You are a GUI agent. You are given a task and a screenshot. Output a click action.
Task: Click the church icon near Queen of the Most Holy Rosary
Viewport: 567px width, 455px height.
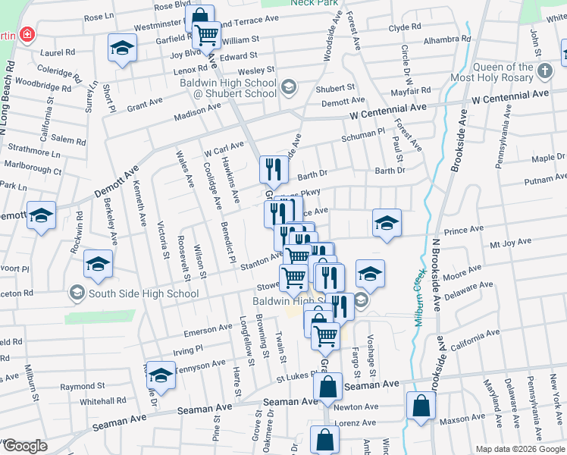pyautogui.click(x=545, y=71)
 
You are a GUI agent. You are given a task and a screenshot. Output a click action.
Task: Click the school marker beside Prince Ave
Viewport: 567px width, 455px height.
pyautogui.click(x=387, y=224)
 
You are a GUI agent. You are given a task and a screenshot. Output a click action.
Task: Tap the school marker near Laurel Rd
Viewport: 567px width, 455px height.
pyautogui.click(x=121, y=49)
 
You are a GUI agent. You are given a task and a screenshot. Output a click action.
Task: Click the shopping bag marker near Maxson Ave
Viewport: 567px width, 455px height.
pyautogui.click(x=421, y=406)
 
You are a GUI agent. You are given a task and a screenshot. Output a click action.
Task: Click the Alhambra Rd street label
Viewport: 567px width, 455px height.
pyautogui.click(x=448, y=39)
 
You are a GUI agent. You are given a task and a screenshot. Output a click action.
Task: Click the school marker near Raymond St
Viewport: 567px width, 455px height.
pyautogui.click(x=160, y=375)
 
